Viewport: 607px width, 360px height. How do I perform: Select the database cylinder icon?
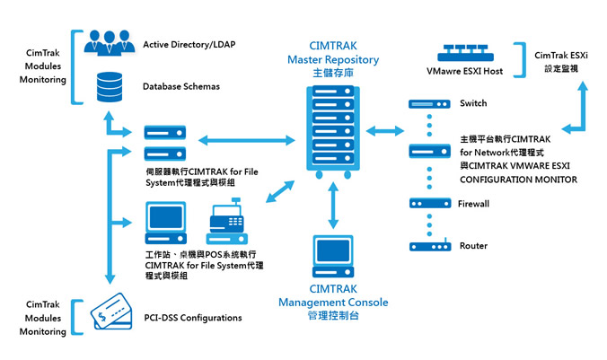(x=110, y=85)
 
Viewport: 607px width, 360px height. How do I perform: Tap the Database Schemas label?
(x=180, y=87)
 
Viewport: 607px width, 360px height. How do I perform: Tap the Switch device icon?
(x=429, y=104)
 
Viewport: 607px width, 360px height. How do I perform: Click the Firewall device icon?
(x=429, y=204)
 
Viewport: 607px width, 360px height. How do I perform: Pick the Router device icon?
(x=429, y=246)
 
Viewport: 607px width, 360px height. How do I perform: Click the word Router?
(x=473, y=246)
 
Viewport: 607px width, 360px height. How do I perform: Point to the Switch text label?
(x=473, y=104)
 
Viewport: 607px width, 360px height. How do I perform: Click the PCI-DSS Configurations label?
(x=192, y=318)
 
